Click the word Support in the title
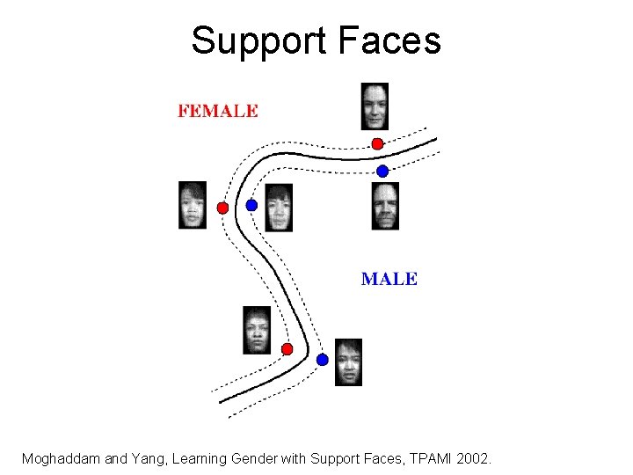[255, 40]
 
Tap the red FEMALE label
[218, 111]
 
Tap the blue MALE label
[389, 279]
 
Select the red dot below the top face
[377, 143]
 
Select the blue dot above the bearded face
[382, 171]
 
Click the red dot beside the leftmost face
[222, 208]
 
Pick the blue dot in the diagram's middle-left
[251, 205]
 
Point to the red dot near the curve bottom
[287, 349]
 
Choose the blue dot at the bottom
[323, 360]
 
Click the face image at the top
[375, 106]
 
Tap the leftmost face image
[193, 205]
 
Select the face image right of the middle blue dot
[279, 208]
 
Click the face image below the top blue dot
[385, 206]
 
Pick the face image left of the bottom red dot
[257, 330]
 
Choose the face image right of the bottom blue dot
[348, 362]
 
